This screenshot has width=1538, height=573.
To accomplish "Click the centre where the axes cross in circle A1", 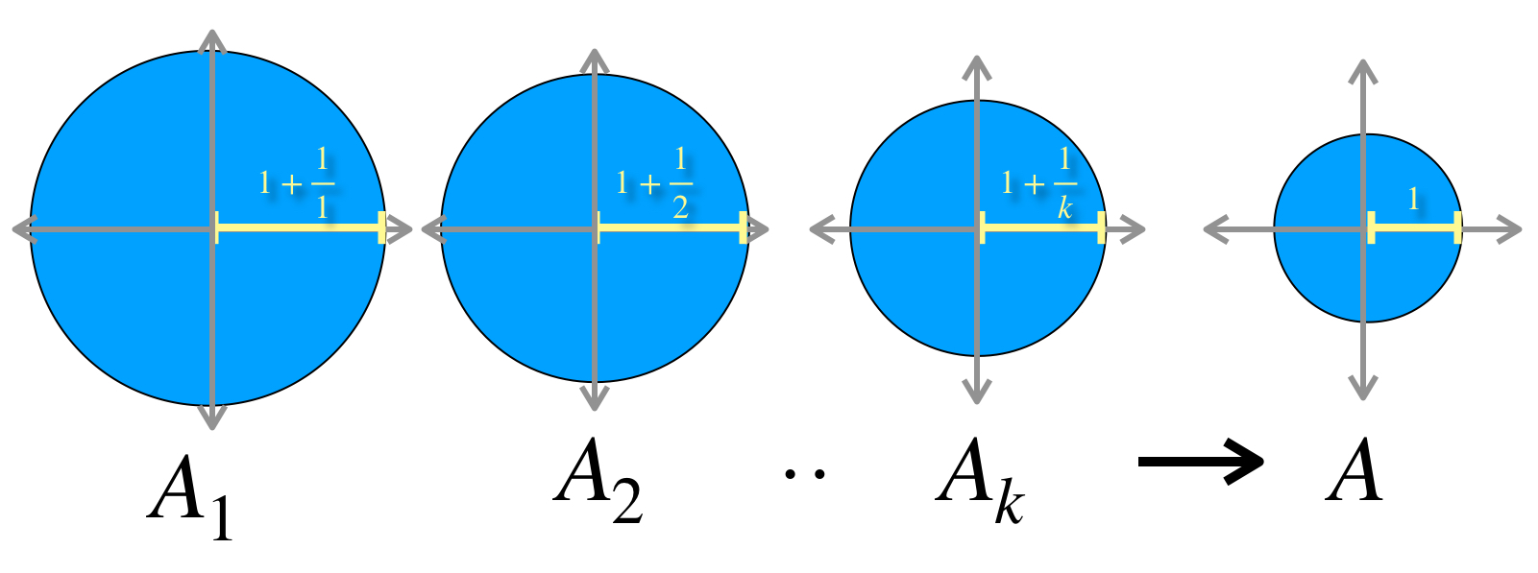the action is coord(213,229).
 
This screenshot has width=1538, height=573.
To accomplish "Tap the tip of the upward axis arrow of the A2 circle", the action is coord(595,49).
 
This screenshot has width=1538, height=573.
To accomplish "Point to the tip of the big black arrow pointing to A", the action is coord(1263,461).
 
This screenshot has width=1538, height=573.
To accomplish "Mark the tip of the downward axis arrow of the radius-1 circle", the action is coord(1363,399).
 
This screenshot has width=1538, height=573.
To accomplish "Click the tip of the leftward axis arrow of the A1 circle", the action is coord(13,229).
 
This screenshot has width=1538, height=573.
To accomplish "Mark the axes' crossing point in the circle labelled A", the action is coord(1363,229).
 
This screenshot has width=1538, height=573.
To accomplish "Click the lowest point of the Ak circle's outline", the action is coord(978,356).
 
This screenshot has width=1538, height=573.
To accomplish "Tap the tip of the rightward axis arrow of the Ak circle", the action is coord(1145,229).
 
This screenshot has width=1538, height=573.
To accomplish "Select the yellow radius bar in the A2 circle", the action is coord(671,227).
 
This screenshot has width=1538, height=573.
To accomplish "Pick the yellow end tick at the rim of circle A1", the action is coord(381,227).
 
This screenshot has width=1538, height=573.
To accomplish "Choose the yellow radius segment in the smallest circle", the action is coord(1414,227).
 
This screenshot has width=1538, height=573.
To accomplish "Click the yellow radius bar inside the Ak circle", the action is coord(1041,227).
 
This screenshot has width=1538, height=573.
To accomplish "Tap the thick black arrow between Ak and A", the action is coord(1201,461).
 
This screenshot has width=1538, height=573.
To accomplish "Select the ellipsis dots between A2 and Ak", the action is coord(805,473).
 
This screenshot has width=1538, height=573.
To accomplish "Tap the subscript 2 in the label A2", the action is coord(627,500).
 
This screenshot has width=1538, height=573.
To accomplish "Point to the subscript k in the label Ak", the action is coord(1010,502).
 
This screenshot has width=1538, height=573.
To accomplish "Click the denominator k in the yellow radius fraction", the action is coord(1065,205).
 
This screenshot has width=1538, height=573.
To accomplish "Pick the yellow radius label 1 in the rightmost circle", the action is coord(1413,199).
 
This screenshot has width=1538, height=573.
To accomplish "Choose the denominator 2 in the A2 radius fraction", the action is coord(680,205).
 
